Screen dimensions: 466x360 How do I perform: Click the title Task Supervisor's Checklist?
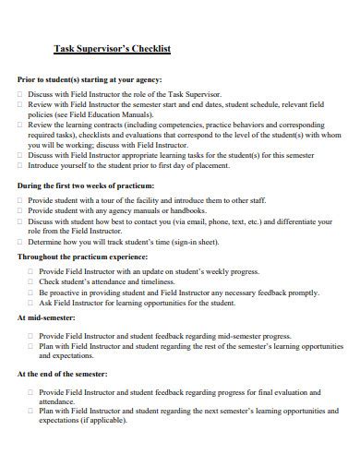tap(112, 48)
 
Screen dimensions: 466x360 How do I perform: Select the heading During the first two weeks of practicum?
tap(85, 185)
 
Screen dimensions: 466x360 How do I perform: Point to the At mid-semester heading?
tap(46, 317)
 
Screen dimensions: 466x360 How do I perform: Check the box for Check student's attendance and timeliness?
tap(31, 281)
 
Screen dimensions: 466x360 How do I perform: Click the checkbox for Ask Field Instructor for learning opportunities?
tap(31, 302)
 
